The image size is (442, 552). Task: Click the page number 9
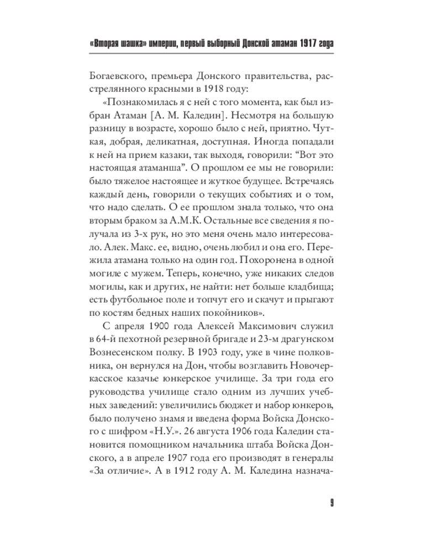click(x=330, y=503)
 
